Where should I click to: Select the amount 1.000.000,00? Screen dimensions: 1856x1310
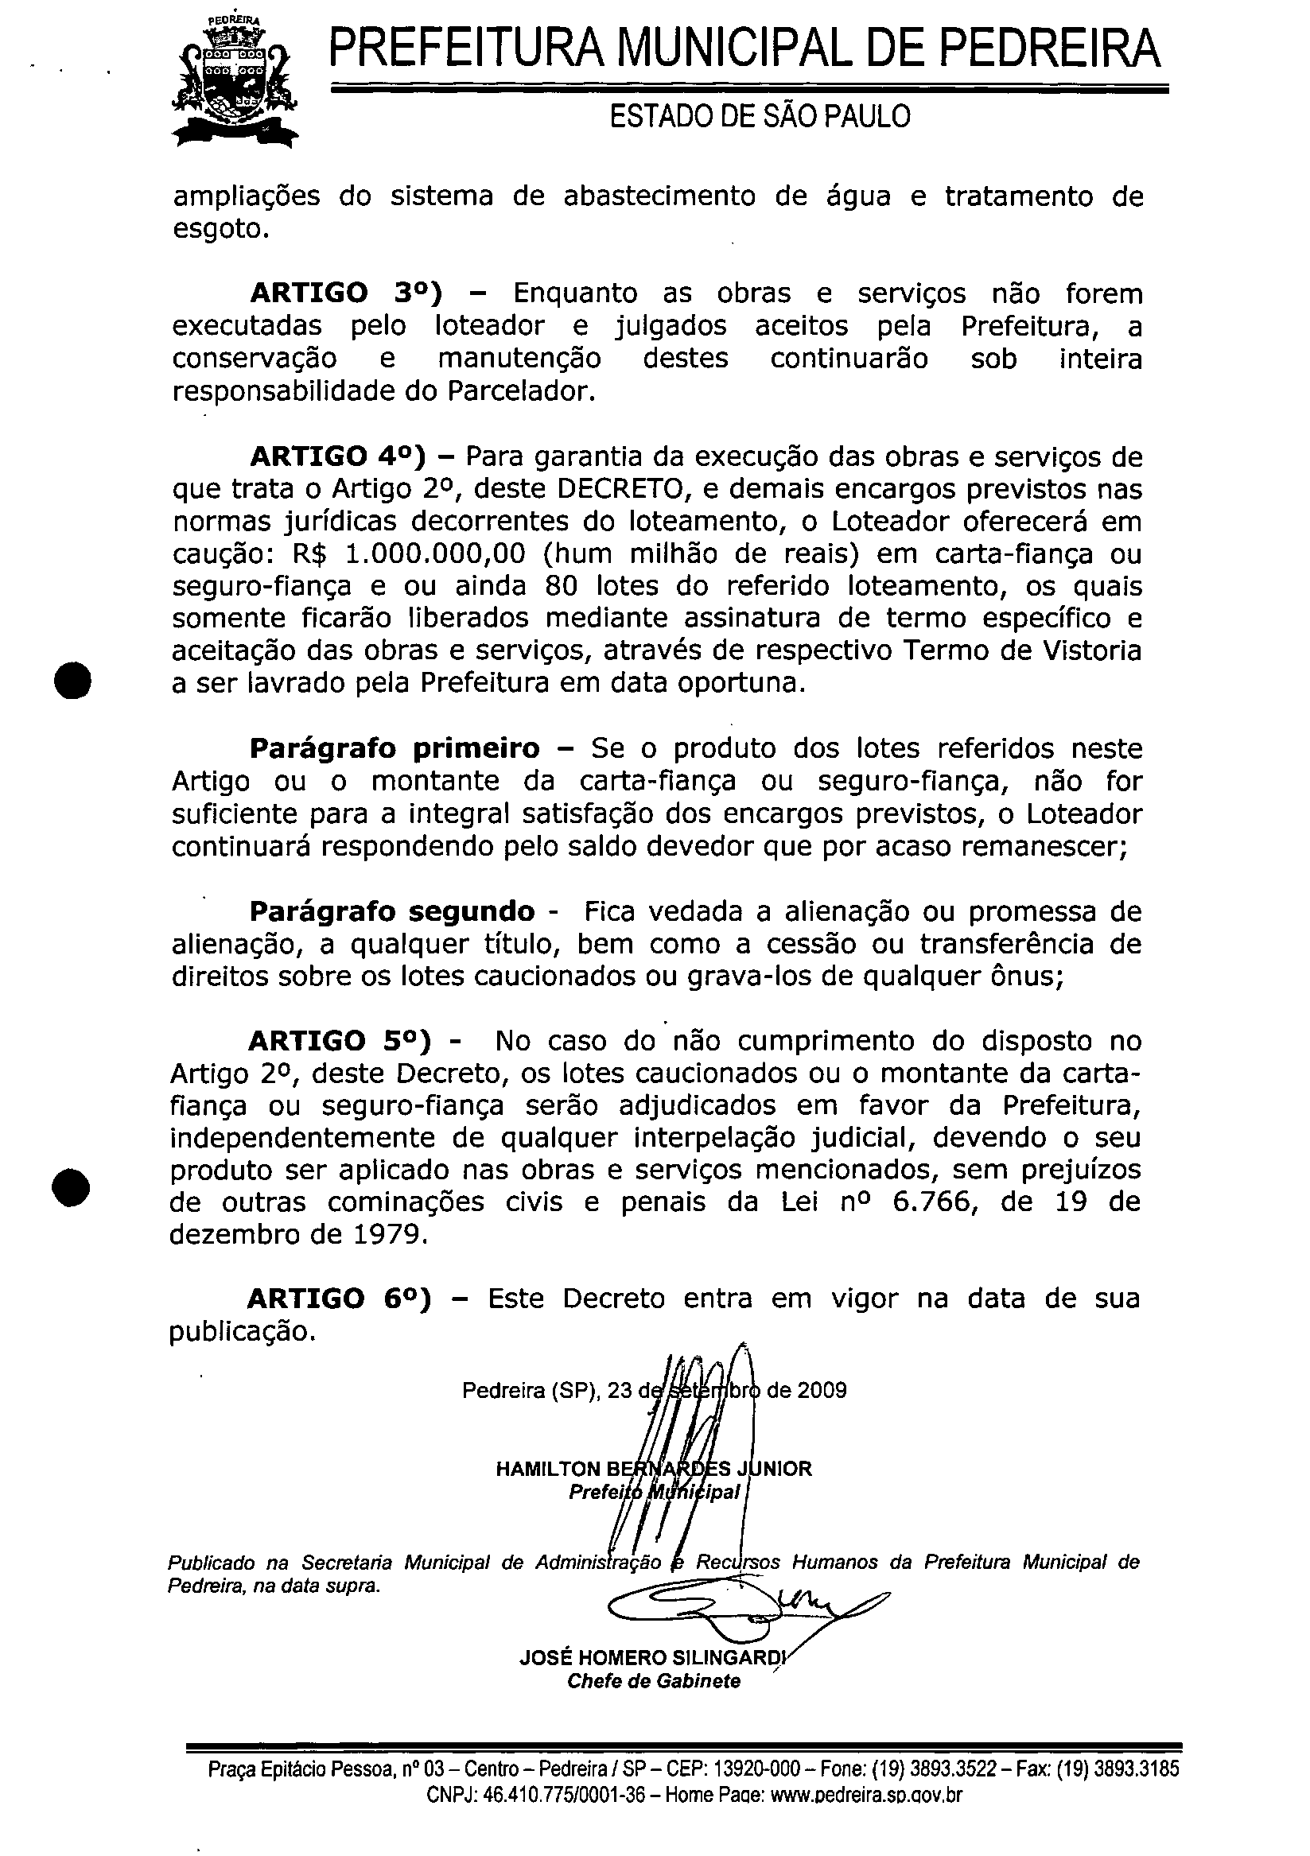pyautogui.click(x=435, y=553)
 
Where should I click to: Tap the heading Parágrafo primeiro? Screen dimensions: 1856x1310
pyautogui.click(x=395, y=748)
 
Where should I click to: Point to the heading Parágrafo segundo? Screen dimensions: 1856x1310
pyautogui.click(x=392, y=912)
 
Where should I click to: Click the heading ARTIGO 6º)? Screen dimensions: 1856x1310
pyautogui.click(x=340, y=1299)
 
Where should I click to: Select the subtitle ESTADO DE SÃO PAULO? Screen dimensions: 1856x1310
pyautogui.click(x=760, y=117)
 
